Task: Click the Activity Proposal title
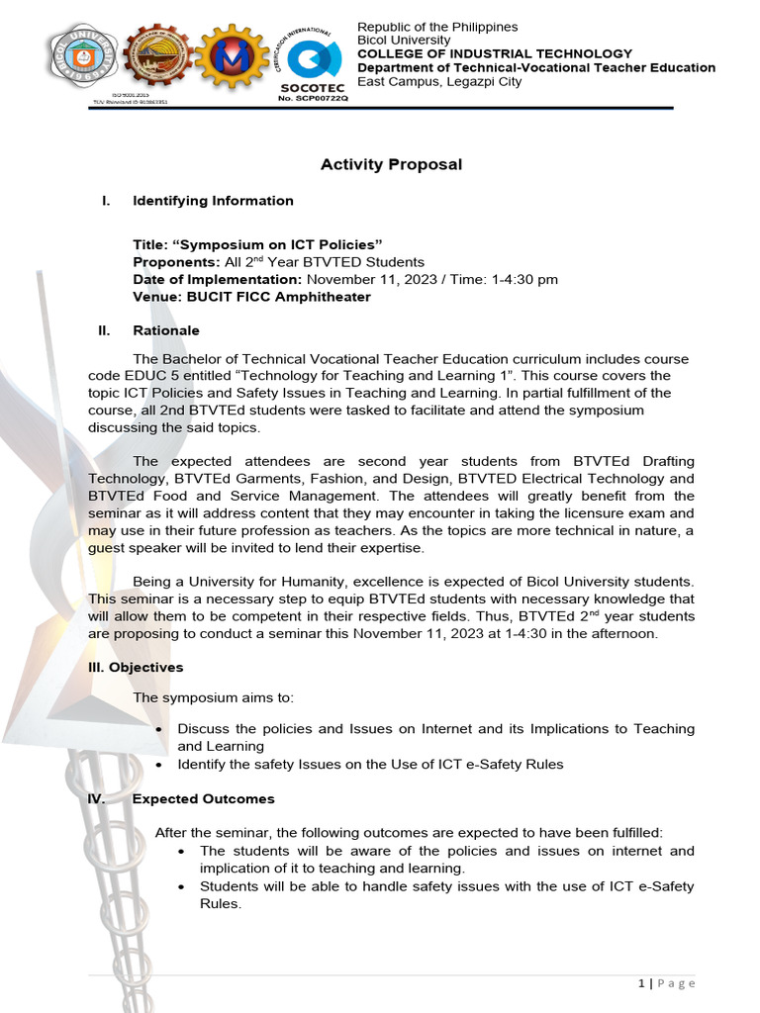[x=391, y=164]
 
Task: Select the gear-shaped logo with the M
[x=233, y=57]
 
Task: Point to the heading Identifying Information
[x=213, y=201]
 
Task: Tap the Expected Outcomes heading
[x=204, y=798]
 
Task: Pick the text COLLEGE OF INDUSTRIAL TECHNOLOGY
[x=494, y=53]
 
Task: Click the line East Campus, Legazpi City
[x=438, y=81]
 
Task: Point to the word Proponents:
[x=176, y=262]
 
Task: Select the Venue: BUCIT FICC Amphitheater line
[x=252, y=297]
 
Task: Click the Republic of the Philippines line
[x=437, y=27]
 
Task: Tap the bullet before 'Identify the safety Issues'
[x=160, y=765]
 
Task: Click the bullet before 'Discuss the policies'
[x=160, y=729]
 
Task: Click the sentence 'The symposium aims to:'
[x=213, y=697]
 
